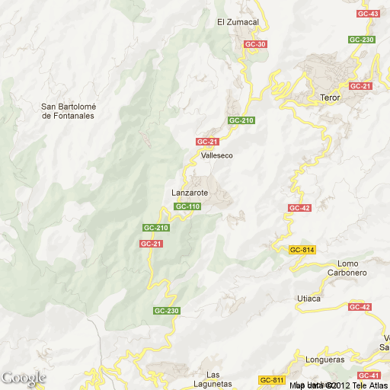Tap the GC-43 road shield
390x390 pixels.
pyautogui.click(x=368, y=14)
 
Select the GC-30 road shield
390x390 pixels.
pyautogui.click(x=256, y=44)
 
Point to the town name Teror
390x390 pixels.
pyautogui.click(x=330, y=98)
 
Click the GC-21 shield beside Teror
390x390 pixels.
pyautogui.click(x=360, y=86)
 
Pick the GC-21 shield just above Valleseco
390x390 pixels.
pyautogui.click(x=207, y=142)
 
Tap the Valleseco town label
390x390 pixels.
pyautogui.click(x=217, y=155)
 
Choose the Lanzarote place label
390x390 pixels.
pyautogui.click(x=190, y=193)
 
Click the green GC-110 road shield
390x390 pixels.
pyautogui.click(x=187, y=206)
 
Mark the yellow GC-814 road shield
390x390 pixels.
pyautogui.click(x=302, y=250)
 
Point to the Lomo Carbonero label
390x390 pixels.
pyautogui.click(x=347, y=268)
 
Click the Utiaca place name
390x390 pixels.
pyautogui.click(x=308, y=299)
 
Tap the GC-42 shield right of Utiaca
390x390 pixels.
pyautogui.click(x=360, y=306)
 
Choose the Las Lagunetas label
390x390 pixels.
pyautogui.click(x=223, y=379)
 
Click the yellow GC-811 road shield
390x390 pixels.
pyautogui.click(x=271, y=380)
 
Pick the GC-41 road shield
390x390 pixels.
pyautogui.click(x=369, y=376)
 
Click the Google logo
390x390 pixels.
pyautogui.click(x=24, y=378)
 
